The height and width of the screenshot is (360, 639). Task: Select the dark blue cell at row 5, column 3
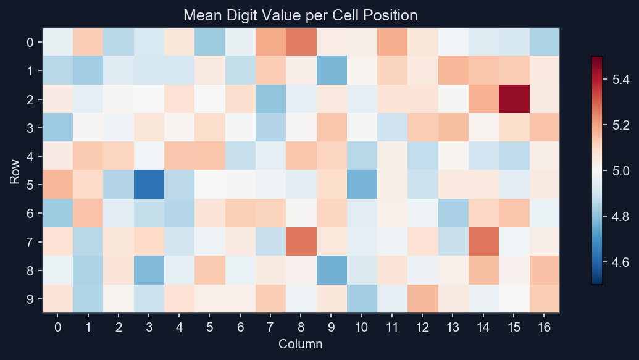(x=149, y=185)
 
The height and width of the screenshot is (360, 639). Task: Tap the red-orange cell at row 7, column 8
(x=301, y=241)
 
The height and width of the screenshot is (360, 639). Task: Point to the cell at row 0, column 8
(x=301, y=42)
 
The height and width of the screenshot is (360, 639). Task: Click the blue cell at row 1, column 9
(x=332, y=70)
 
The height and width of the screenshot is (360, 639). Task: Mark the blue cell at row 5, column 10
(x=362, y=185)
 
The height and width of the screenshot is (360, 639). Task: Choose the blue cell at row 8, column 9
(x=332, y=270)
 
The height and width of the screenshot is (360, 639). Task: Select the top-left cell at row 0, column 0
(x=57, y=42)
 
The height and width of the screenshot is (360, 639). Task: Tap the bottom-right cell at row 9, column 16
(x=544, y=299)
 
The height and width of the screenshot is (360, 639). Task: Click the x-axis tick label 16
(x=544, y=326)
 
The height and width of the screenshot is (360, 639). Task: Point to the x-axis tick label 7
(x=270, y=326)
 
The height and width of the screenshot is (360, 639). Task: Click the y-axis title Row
(x=14, y=170)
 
